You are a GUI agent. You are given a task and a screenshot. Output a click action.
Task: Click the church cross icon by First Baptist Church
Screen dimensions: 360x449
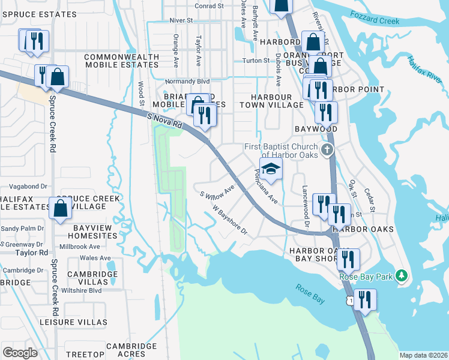pyautogui.click(x=327, y=149)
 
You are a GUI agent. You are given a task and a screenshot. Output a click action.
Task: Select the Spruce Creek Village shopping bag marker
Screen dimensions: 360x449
pyautogui.click(x=61, y=209)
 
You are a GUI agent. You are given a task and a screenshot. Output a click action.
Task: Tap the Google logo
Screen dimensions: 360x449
pyautogui.click(x=20, y=352)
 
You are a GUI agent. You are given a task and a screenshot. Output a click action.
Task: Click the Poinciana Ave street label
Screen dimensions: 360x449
pyautogui.click(x=265, y=186)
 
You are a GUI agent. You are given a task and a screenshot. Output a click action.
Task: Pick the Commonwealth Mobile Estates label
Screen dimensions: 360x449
pyautogui.click(x=122, y=61)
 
